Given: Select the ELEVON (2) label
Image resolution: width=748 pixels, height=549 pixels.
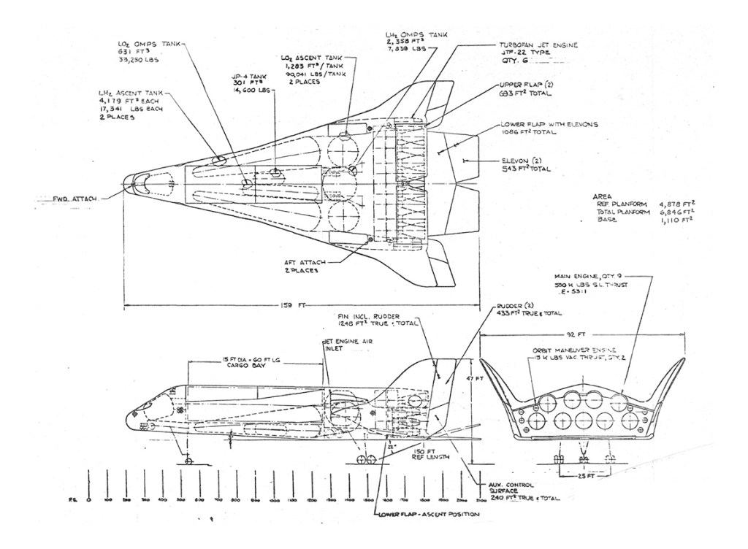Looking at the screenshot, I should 524,163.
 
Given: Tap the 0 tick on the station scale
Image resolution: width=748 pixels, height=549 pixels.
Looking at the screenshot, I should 89,501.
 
